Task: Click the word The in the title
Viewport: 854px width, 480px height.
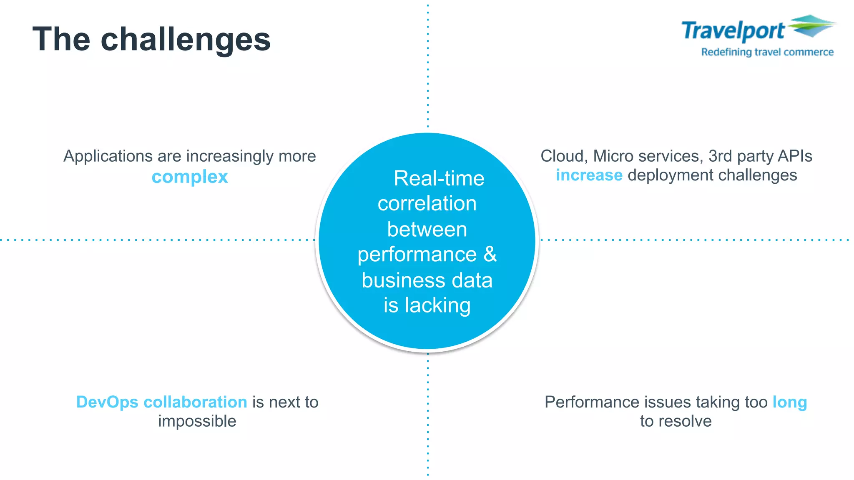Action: pyautogui.click(x=61, y=40)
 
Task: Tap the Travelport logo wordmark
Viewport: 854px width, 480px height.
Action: pyautogui.click(x=733, y=31)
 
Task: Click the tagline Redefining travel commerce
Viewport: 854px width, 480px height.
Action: pyautogui.click(x=767, y=52)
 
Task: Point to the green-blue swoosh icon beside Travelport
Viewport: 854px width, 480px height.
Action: pyautogui.click(x=811, y=26)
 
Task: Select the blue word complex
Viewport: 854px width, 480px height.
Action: pyautogui.click(x=190, y=177)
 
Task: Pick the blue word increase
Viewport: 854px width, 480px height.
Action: pyautogui.click(x=589, y=175)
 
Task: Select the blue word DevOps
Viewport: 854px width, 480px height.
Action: pyautogui.click(x=107, y=402)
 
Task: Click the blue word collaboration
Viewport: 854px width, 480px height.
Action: pyautogui.click(x=195, y=402)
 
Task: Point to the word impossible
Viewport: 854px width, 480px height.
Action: pyautogui.click(x=197, y=421)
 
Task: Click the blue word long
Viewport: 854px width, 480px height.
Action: pyautogui.click(x=789, y=402)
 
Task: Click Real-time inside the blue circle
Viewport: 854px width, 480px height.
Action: pyautogui.click(x=439, y=179)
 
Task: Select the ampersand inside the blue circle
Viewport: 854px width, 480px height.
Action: pyautogui.click(x=490, y=254)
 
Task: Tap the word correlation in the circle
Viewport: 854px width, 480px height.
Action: pyautogui.click(x=427, y=204)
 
